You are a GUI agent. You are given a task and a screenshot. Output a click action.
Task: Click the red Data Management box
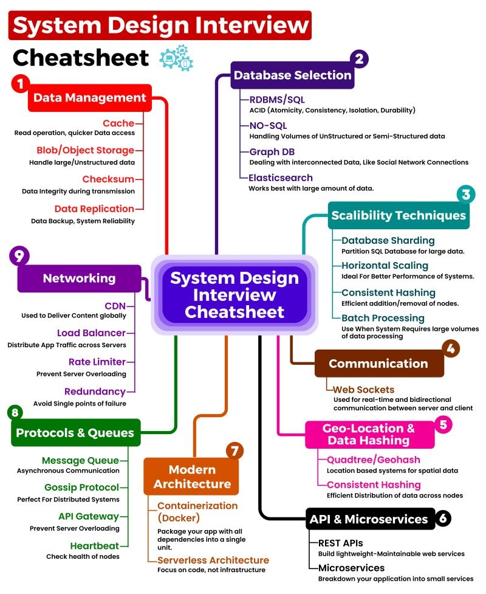pos(89,98)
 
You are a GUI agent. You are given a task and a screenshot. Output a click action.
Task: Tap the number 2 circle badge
pos(360,59)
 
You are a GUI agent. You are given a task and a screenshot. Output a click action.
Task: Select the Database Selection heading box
pos(293,75)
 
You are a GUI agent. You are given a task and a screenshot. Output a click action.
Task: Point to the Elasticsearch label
pos(280,178)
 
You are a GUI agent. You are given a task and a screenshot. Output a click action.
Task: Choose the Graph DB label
pos(272,152)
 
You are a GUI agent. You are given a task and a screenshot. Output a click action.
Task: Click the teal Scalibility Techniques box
pos(398,215)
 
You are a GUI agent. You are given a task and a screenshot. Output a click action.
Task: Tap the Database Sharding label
pos(388,240)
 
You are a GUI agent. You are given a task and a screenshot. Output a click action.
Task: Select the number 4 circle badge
pos(450,348)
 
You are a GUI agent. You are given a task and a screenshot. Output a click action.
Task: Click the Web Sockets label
pos(363,389)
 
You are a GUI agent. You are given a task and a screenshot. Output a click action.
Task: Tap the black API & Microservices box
pos(369,519)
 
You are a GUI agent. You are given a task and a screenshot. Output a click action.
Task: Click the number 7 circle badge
pos(234,451)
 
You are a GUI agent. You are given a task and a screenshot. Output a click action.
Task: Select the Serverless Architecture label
pos(213,559)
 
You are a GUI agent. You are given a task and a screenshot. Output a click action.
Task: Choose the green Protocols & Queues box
pos(75,433)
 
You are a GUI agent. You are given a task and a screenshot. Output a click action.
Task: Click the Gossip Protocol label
pos(81,488)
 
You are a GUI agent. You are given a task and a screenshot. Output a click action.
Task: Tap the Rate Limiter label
pos(97,362)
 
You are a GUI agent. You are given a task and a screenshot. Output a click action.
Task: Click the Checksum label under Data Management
pos(108,179)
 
